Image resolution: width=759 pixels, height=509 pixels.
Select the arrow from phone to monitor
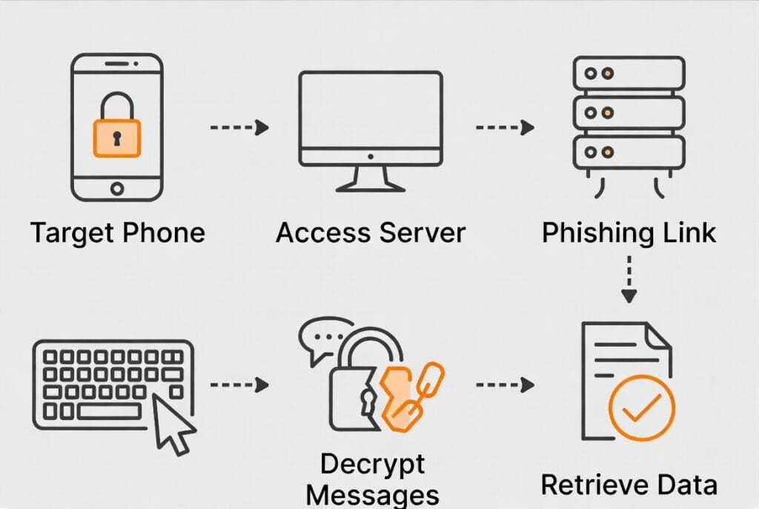[239, 127]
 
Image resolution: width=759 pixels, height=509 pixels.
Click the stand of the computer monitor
[370, 179]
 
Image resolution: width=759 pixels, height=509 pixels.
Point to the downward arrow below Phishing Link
[629, 279]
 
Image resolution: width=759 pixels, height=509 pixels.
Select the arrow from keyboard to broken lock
[239, 385]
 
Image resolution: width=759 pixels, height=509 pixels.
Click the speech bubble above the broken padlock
[325, 337]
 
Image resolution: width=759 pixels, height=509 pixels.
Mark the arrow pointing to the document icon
[504, 385]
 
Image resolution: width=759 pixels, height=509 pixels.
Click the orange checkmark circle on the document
[641, 407]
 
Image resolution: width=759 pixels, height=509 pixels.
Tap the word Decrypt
[373, 465]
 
